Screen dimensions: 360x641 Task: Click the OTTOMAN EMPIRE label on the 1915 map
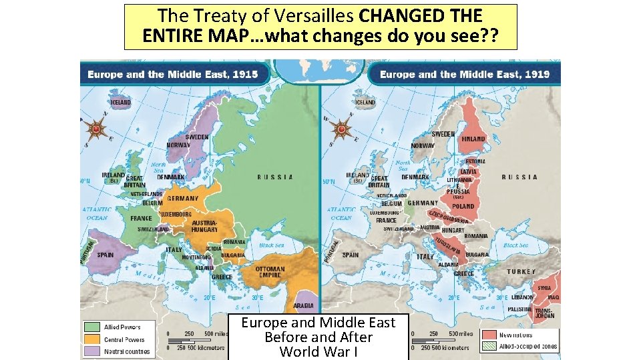coord(270,273)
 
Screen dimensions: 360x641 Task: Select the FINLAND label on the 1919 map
coord(473,139)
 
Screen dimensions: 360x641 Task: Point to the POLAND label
coord(463,206)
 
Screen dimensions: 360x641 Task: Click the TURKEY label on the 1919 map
coord(521,271)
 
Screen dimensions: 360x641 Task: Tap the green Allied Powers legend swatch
coord(91,327)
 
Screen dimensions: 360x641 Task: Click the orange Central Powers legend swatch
coord(91,339)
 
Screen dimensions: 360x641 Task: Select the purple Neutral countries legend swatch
coord(91,351)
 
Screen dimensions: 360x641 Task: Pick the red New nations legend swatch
coord(489,334)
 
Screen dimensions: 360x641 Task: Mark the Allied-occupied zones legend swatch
coord(489,347)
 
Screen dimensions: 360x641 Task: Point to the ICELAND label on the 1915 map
coord(121,103)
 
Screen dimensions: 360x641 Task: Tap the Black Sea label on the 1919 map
coord(515,245)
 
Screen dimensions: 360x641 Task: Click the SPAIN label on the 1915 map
coord(105,255)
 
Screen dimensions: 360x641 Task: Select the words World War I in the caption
coord(318,351)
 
